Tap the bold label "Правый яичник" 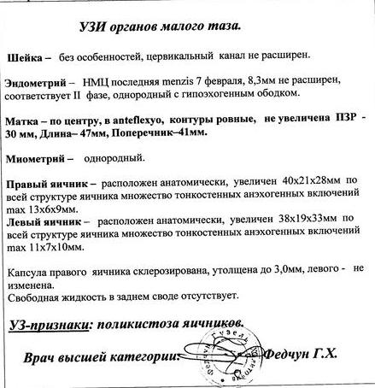coord(46,183)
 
